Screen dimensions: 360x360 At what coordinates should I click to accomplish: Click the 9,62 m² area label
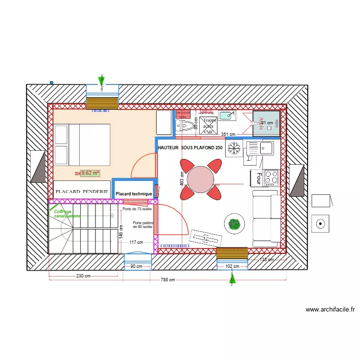(x=90, y=173)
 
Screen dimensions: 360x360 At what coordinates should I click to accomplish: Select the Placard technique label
(x=134, y=194)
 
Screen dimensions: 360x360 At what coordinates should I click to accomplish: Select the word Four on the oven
(x=258, y=179)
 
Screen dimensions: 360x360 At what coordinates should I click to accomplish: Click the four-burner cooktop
(x=271, y=177)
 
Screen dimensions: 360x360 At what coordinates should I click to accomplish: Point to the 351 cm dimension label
(x=228, y=134)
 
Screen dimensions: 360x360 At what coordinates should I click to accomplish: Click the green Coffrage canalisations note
(x=67, y=214)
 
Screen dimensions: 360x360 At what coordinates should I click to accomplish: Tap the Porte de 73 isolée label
(x=137, y=209)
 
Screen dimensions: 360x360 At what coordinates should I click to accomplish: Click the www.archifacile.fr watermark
(x=330, y=310)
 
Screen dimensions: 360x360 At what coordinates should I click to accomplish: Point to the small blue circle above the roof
(x=51, y=82)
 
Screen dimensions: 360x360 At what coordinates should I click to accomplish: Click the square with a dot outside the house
(x=320, y=223)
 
